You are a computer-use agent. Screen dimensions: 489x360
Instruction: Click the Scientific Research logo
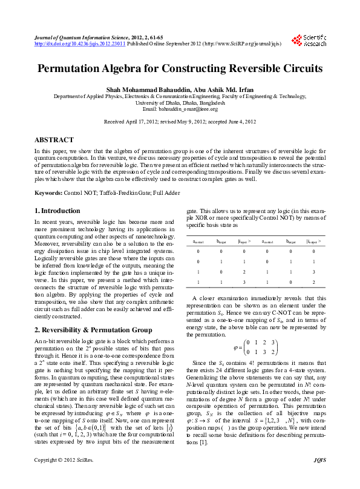point(312,40)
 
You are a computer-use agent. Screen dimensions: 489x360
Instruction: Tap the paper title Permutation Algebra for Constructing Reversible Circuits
point(180,68)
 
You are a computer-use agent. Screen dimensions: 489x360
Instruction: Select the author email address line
point(180,109)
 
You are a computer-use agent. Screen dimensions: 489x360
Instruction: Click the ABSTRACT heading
point(54,139)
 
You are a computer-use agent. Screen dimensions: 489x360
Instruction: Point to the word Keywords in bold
point(48,192)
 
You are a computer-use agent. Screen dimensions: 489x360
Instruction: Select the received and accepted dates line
point(180,122)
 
